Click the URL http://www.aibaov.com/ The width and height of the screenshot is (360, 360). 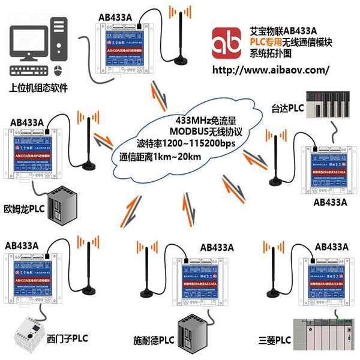[x=272, y=69]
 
